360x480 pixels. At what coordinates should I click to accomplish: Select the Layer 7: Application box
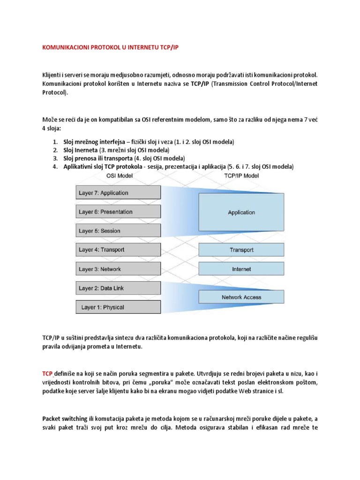point(118,193)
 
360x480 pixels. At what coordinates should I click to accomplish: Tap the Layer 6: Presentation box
point(118,212)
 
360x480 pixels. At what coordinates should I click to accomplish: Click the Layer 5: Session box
point(118,231)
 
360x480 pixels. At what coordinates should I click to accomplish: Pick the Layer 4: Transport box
point(118,250)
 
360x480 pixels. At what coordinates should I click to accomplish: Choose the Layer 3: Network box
point(118,269)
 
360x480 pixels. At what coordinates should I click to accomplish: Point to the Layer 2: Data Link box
point(118,288)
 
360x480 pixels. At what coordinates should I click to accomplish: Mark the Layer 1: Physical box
point(118,307)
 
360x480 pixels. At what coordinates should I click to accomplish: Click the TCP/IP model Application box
point(241,212)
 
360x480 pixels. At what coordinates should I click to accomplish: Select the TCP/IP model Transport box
point(241,250)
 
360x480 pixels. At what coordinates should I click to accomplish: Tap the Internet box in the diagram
point(241,269)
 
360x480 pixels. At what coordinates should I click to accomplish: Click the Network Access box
point(241,297)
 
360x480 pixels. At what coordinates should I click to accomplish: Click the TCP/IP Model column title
point(241,176)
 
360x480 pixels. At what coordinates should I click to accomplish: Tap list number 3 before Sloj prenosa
point(55,158)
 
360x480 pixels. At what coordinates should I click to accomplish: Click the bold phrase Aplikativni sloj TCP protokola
point(102,167)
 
